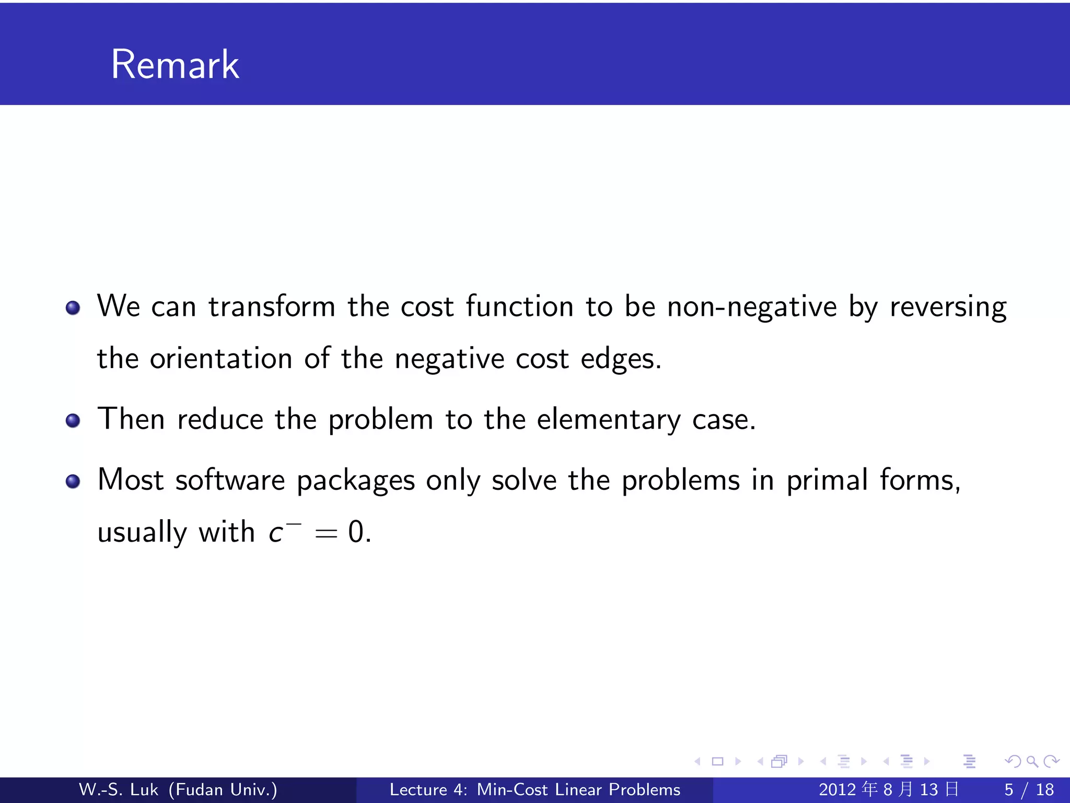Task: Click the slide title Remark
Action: [175, 64]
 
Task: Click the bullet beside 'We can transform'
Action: [73, 308]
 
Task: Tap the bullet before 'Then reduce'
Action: [73, 420]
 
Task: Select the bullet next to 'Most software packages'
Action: [73, 481]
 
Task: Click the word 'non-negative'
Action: [752, 307]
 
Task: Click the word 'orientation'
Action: [221, 359]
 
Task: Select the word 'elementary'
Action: [609, 420]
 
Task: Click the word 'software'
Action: [230, 480]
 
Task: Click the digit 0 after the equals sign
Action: [356, 532]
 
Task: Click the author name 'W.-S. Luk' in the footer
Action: [118, 789]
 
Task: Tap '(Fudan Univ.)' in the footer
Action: [223, 789]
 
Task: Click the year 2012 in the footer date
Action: [838, 789]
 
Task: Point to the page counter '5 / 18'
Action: [1029, 789]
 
